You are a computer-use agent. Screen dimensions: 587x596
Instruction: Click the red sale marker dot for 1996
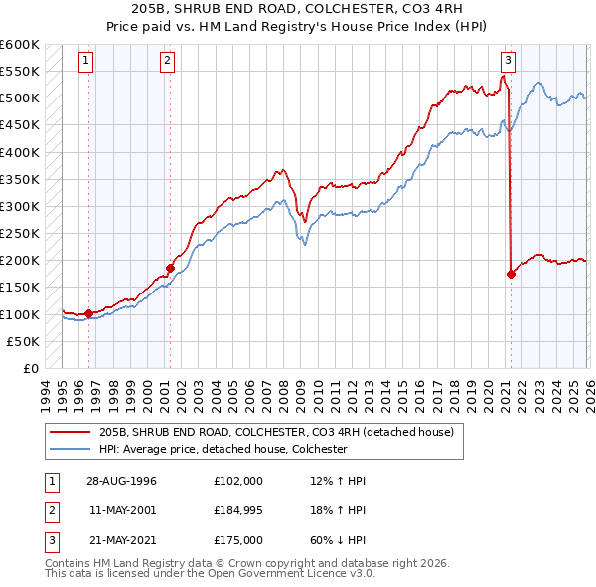click(x=88, y=313)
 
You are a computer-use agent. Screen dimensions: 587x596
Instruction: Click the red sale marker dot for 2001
click(x=170, y=268)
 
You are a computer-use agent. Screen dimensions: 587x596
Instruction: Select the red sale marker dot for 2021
click(x=511, y=274)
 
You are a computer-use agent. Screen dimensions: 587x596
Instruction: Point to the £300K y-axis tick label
click(x=20, y=206)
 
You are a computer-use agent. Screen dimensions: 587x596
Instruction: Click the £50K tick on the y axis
click(x=24, y=341)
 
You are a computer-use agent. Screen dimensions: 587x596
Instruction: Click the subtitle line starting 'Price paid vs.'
click(x=298, y=29)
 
